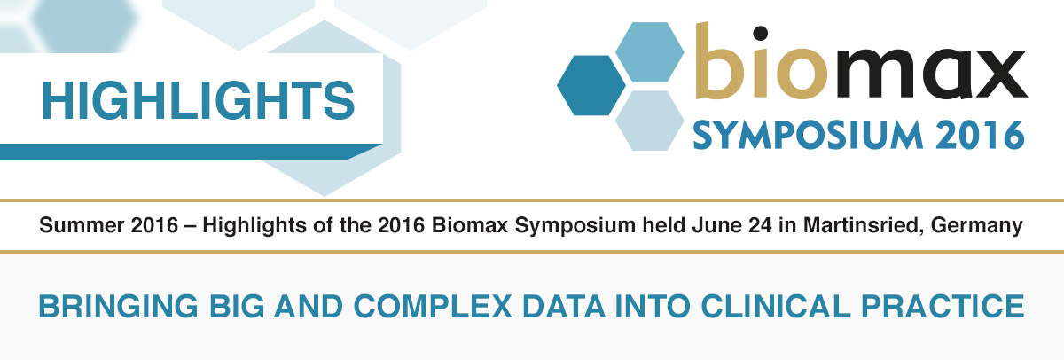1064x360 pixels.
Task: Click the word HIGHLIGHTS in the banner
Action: pos(198,100)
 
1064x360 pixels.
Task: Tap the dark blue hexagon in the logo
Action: pos(591,85)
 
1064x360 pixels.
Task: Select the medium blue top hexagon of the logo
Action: pos(649,52)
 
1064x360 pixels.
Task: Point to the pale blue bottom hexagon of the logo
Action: pos(649,121)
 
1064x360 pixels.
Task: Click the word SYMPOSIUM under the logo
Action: pos(808,136)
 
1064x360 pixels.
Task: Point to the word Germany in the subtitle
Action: pos(976,225)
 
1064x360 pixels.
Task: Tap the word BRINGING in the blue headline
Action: pos(118,306)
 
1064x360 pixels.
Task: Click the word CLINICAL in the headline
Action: pos(775,306)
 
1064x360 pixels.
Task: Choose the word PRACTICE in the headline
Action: pos(943,306)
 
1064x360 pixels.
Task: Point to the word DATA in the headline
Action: pos(564,306)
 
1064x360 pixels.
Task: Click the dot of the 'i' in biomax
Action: pos(760,33)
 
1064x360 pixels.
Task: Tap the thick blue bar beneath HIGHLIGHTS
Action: pos(190,152)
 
